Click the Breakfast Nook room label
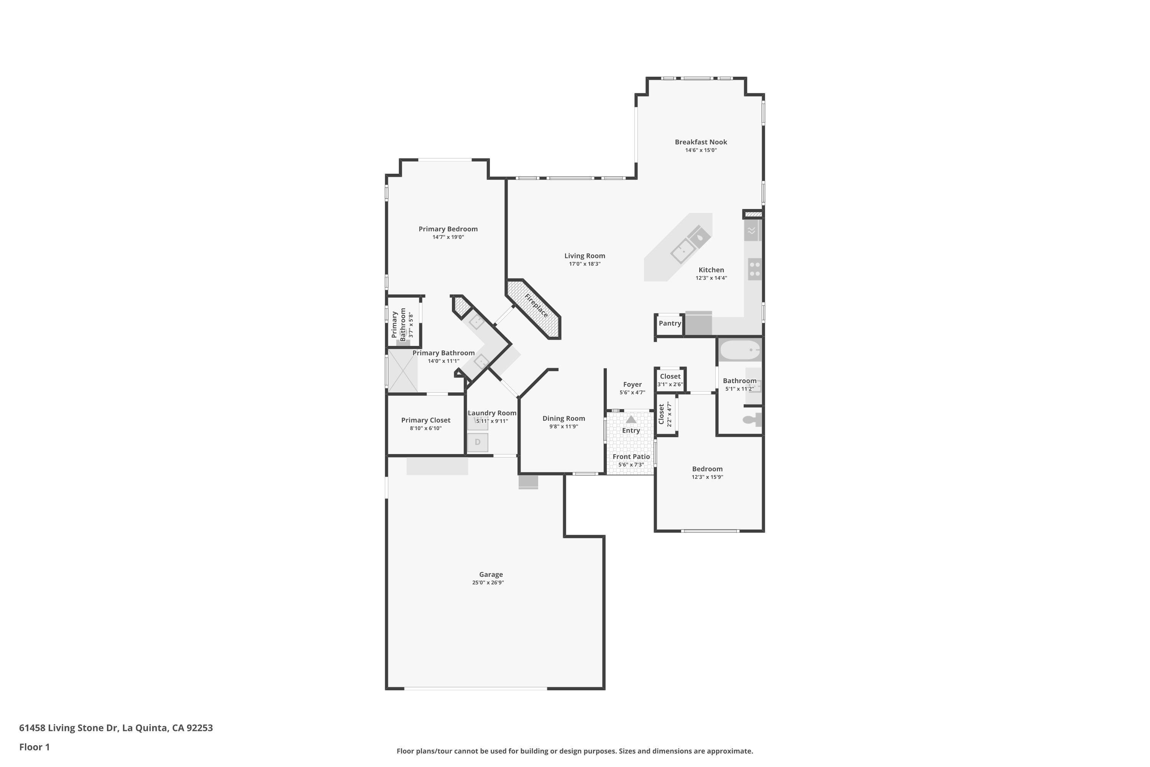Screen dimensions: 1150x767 point(701,142)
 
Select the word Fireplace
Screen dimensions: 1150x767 point(536,306)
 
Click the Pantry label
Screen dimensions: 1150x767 point(670,323)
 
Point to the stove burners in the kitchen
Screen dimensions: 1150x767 point(755,269)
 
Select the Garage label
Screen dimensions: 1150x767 point(491,574)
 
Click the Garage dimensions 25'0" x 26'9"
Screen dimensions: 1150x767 point(488,583)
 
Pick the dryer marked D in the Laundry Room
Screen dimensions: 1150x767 point(478,442)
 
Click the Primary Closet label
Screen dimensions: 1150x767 point(426,420)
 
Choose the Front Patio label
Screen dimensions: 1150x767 point(631,456)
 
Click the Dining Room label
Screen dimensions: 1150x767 point(564,418)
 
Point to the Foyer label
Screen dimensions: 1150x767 point(632,385)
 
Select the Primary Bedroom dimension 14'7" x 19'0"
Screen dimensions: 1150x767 point(448,237)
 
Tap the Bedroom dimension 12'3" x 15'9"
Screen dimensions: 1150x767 point(707,477)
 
